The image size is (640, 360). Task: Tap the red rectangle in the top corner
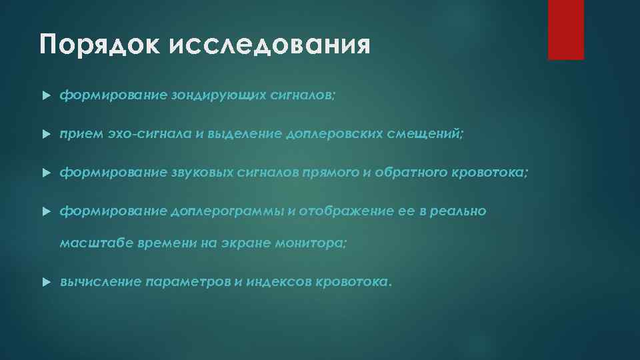click(x=565, y=30)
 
